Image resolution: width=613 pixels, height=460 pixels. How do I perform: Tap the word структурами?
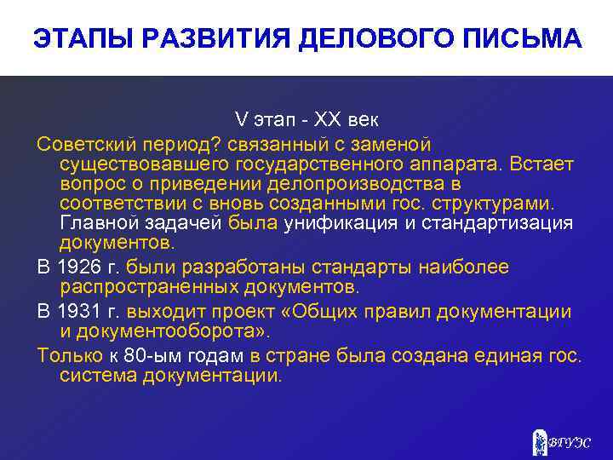pos(497,203)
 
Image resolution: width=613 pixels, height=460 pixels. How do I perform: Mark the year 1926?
pos(81,267)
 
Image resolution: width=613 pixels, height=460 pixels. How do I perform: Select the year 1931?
pos(81,312)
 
